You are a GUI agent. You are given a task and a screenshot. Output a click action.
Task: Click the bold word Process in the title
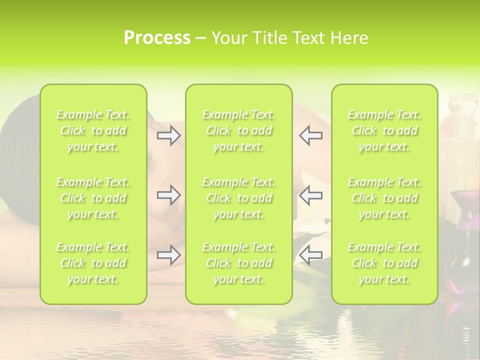pyautogui.click(x=157, y=38)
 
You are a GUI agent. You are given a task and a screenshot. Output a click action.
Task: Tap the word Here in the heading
pyautogui.click(x=349, y=38)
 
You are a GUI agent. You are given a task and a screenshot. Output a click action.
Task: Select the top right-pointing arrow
pyautogui.click(x=168, y=135)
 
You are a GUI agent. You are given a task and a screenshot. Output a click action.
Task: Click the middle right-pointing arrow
pyautogui.click(x=168, y=195)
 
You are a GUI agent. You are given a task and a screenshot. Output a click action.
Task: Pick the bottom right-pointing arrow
pyautogui.click(x=168, y=255)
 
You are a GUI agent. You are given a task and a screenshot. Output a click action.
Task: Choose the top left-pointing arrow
pyautogui.click(x=310, y=135)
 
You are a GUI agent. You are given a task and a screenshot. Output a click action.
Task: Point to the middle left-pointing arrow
pyautogui.click(x=310, y=195)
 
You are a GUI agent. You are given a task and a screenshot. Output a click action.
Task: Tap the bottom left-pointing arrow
pyautogui.click(x=310, y=255)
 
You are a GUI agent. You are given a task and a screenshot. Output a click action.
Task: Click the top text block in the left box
pyautogui.click(x=93, y=131)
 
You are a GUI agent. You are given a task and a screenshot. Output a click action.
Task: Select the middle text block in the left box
pyautogui.click(x=93, y=198)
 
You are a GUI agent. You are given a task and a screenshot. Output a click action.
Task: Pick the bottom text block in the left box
pyautogui.click(x=93, y=263)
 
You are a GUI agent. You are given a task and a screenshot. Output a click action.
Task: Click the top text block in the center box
pyautogui.click(x=239, y=131)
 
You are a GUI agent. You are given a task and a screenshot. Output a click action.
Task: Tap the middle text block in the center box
pyautogui.click(x=239, y=198)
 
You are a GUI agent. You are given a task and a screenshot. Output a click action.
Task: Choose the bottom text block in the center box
pyautogui.click(x=239, y=263)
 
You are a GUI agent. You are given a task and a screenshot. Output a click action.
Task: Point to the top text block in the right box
pyautogui.click(x=384, y=131)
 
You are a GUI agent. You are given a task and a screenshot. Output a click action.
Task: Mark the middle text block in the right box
pyautogui.click(x=384, y=198)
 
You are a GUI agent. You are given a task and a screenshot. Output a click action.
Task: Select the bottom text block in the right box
pyautogui.click(x=384, y=263)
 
